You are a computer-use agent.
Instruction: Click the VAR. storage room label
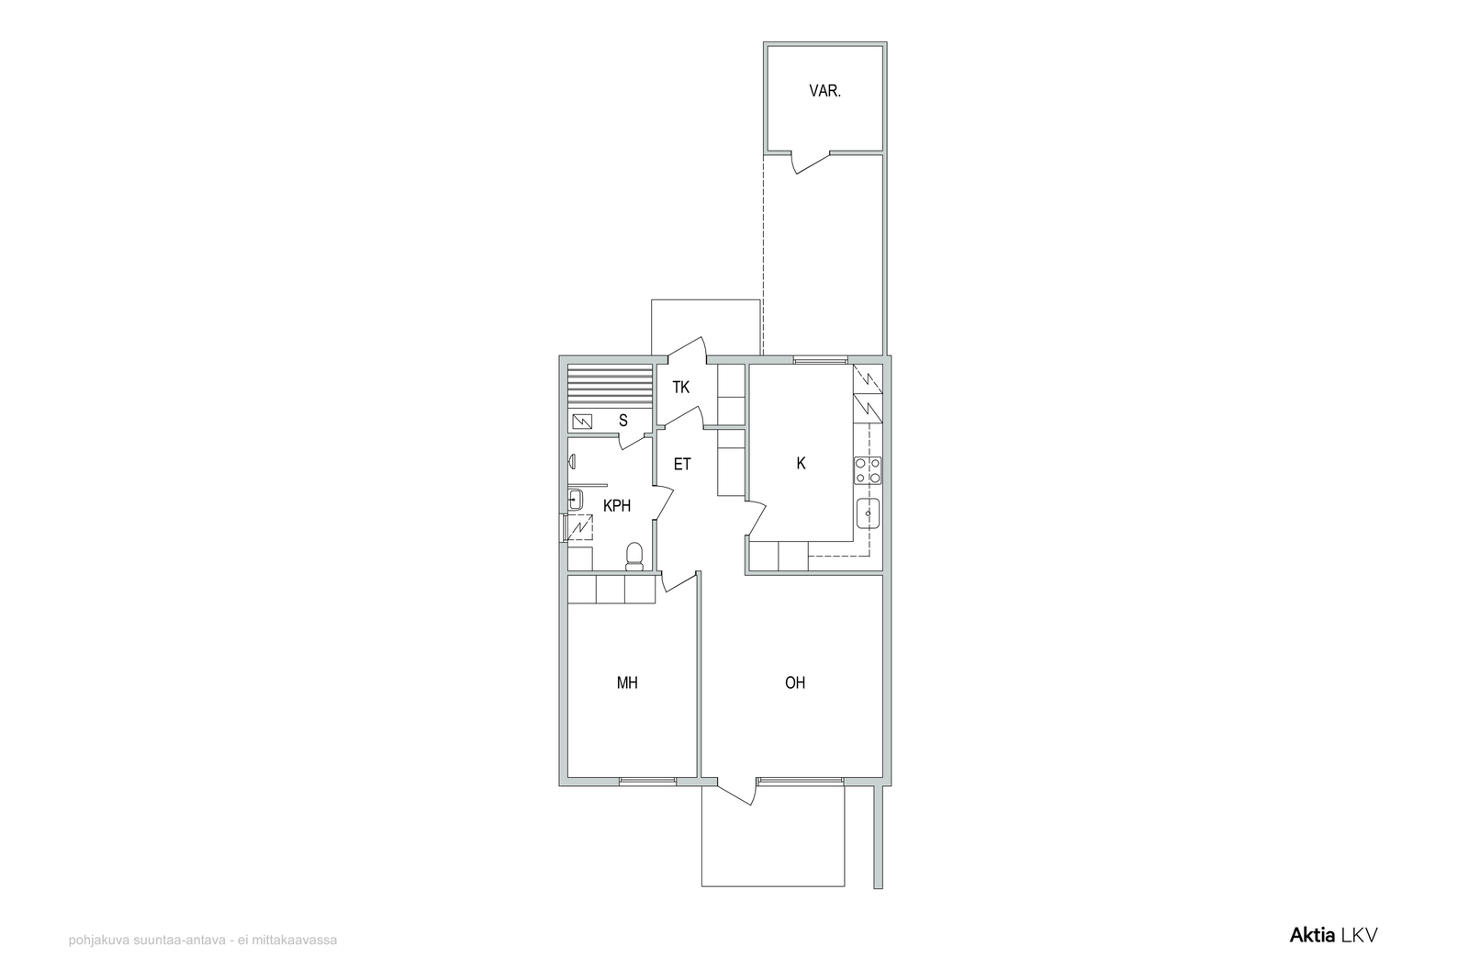(825, 91)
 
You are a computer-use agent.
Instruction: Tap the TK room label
(680, 388)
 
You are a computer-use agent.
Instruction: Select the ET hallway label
(682, 465)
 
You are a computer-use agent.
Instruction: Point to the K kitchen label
(801, 464)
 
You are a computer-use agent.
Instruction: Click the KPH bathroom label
(617, 506)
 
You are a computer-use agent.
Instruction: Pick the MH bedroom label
(627, 682)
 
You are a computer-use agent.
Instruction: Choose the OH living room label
(795, 682)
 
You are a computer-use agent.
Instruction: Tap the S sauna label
(623, 421)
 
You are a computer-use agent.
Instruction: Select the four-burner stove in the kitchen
(868, 470)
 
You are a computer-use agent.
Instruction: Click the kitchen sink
(868, 513)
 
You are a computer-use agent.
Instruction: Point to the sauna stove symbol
(582, 422)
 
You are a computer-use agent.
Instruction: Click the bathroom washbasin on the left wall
(575, 500)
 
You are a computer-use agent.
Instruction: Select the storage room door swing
(810, 163)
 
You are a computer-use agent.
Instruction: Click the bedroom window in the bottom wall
(647, 781)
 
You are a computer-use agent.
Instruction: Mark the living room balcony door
(735, 792)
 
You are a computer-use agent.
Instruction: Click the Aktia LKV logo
(1333, 935)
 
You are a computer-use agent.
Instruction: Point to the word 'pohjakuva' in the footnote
(98, 941)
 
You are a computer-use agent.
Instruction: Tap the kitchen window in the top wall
(820, 359)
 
